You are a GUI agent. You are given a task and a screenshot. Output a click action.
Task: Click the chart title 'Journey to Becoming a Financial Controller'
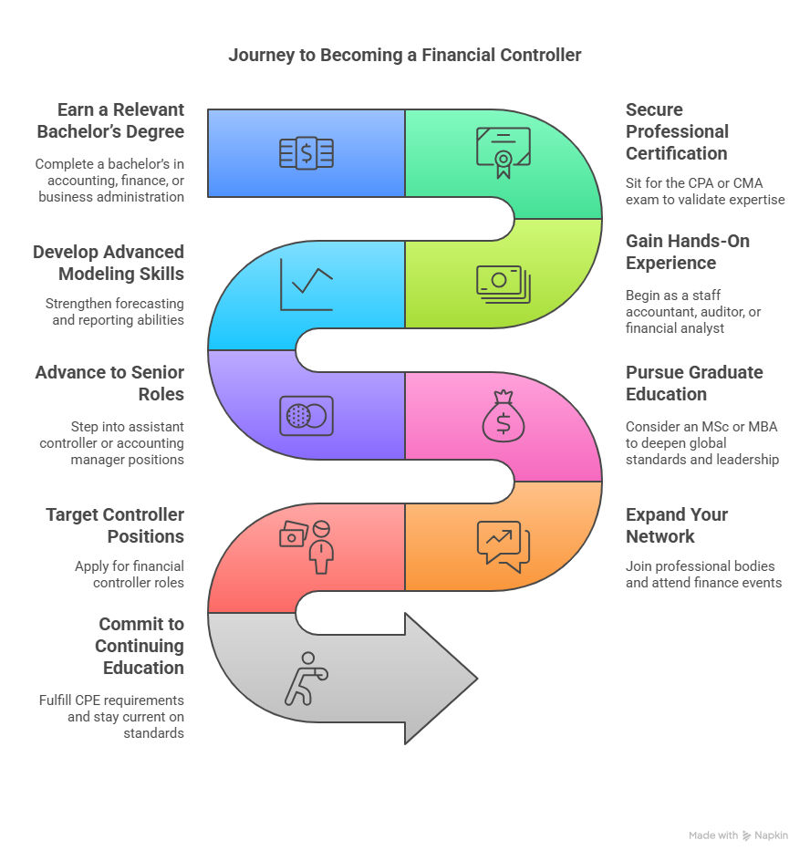pos(404,55)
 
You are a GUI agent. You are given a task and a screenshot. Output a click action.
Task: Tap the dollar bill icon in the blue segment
pos(306,153)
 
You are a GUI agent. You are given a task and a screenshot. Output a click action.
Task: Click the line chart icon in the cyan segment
pos(306,284)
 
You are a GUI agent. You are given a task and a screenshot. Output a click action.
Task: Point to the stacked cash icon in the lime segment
pos(503,284)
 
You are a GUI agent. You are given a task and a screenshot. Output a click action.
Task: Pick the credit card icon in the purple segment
pos(306,415)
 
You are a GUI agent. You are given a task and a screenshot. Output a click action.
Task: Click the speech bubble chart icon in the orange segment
pos(503,546)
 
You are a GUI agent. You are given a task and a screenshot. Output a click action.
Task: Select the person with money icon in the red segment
pos(306,545)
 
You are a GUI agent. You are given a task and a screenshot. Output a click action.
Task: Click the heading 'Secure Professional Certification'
pos(676,131)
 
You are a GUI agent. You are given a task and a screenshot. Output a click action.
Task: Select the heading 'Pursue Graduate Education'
pos(693,383)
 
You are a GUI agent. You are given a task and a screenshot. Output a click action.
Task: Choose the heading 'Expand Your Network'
pos(676,525)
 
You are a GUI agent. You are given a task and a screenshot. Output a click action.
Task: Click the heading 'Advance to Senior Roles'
pos(109,383)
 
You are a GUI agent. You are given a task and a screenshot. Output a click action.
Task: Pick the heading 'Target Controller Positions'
pos(115,525)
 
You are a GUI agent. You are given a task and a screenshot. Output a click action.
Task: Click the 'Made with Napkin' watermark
pos(738,835)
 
